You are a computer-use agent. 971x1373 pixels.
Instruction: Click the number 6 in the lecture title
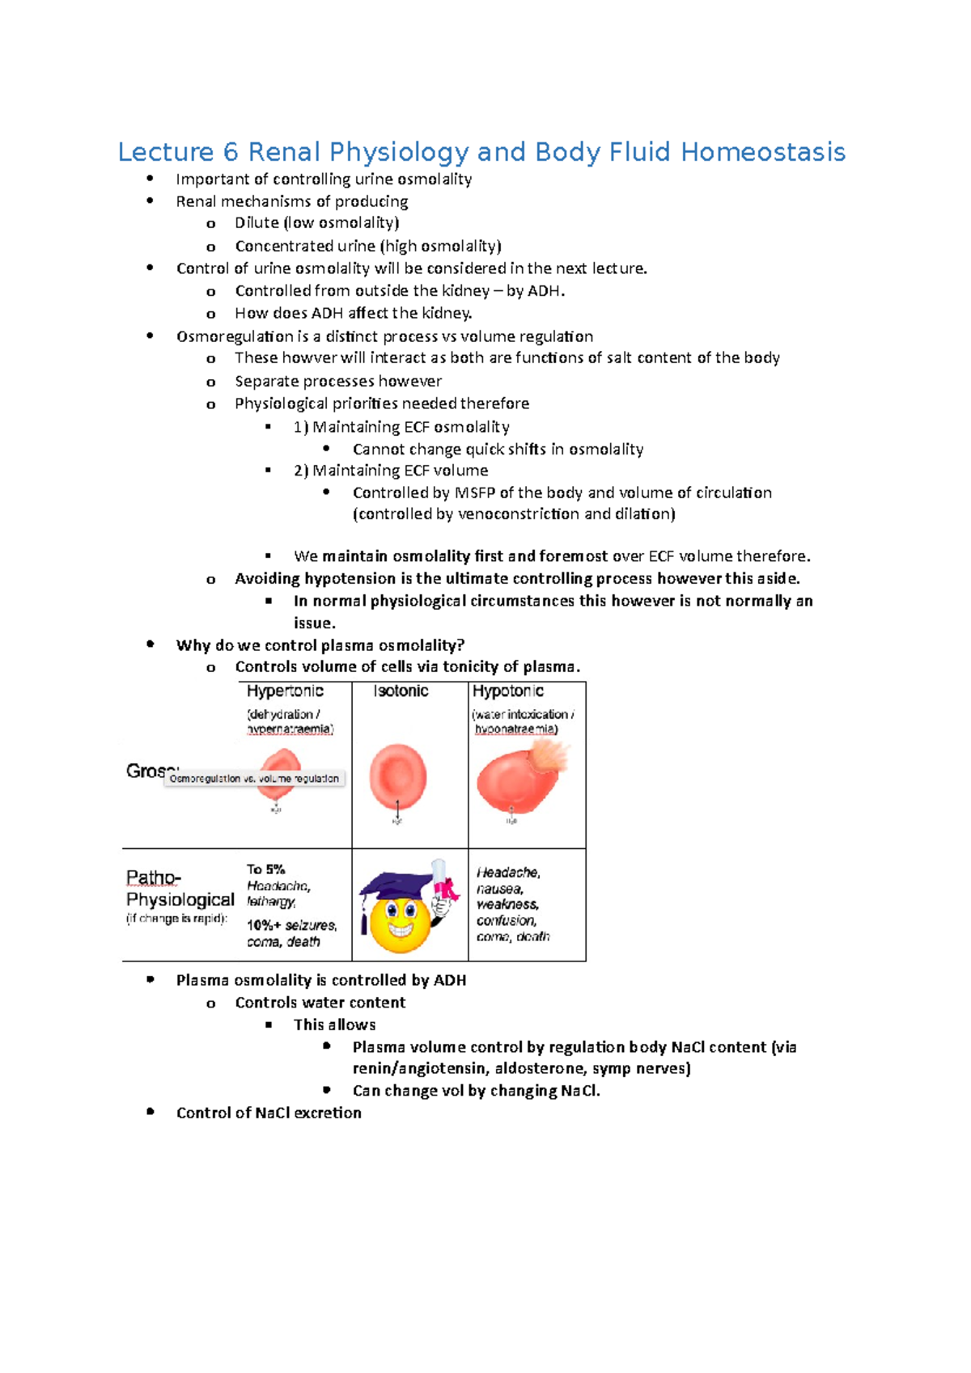tap(231, 152)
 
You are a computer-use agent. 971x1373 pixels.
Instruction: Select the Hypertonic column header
tap(285, 691)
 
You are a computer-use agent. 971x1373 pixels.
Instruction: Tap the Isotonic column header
tap(401, 691)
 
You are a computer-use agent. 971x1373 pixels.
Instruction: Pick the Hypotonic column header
tap(508, 691)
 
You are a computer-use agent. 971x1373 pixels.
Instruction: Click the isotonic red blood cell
tap(398, 777)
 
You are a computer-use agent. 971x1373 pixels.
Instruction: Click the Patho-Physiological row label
tap(180, 889)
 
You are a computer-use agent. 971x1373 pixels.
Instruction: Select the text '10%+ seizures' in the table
tap(291, 925)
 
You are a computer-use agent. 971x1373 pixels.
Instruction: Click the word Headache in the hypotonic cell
tap(507, 872)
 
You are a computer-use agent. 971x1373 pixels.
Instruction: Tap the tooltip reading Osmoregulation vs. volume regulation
tap(254, 779)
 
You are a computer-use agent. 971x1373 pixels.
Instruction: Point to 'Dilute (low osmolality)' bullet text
tap(316, 222)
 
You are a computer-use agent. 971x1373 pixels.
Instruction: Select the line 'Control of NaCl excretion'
tap(269, 1113)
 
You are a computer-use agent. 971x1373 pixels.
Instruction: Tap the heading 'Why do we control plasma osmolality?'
tap(320, 645)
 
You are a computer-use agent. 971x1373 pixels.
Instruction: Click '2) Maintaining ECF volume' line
tap(391, 471)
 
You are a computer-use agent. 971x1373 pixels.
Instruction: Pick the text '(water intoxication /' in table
tap(524, 714)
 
